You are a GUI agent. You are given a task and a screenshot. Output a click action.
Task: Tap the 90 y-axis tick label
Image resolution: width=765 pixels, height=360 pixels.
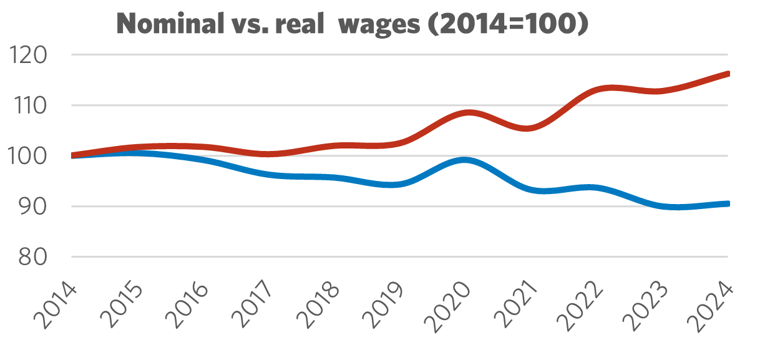coord(35,207)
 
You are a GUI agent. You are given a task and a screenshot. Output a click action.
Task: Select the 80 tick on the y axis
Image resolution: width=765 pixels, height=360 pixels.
coord(35,257)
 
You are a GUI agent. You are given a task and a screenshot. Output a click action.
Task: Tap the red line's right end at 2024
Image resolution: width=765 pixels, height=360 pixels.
coord(726,74)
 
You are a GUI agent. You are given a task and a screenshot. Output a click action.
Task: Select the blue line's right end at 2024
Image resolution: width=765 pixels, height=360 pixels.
coord(726,203)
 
